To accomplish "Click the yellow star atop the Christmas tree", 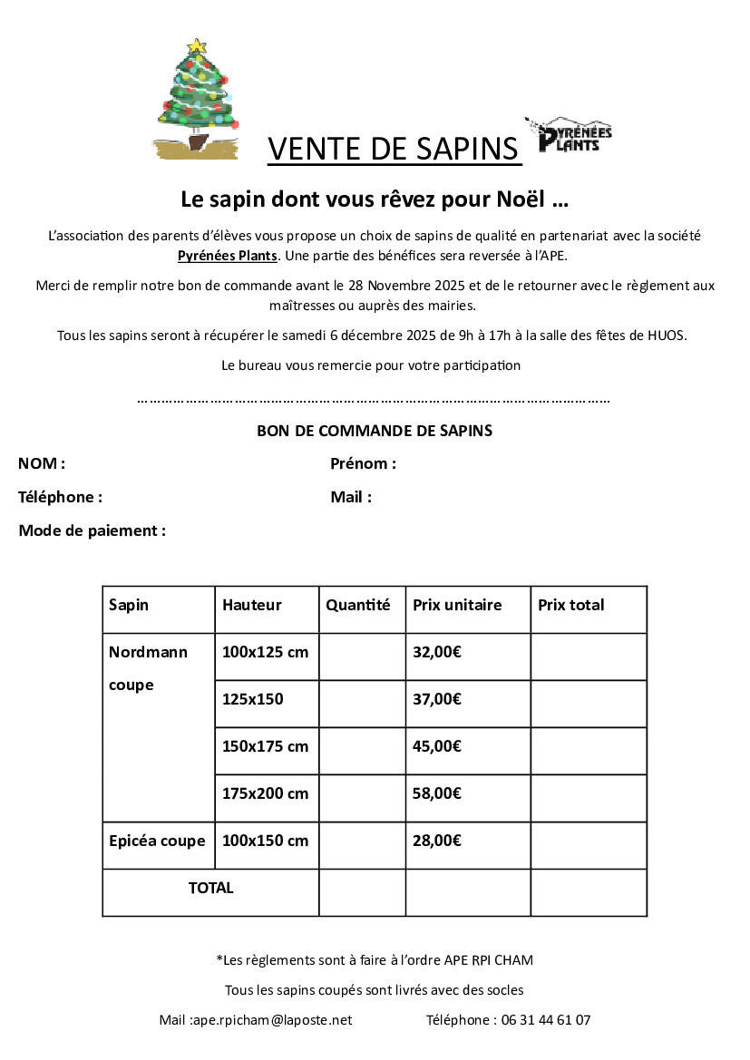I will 197,46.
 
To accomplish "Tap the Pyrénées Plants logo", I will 570,136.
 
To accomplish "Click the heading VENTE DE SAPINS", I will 394,149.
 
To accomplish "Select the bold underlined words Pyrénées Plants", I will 228,256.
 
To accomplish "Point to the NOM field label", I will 41,464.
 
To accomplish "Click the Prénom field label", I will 363,464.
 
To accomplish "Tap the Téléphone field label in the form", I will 60,497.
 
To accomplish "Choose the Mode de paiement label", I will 92,530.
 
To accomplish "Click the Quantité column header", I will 358,605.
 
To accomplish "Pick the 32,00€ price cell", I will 437,652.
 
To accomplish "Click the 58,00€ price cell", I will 437,793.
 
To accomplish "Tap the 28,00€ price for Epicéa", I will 437,841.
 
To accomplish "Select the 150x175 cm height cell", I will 266,746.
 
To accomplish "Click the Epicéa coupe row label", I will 157,841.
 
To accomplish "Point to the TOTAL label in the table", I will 210,889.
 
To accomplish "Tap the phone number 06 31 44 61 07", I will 544,1020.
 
